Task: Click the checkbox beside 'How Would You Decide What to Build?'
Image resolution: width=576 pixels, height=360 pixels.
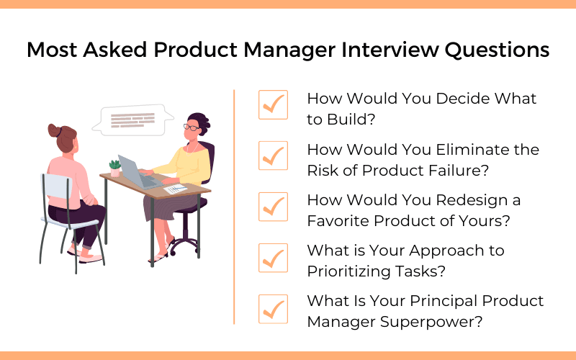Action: [x=272, y=105]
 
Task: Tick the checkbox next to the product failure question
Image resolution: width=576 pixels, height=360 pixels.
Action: [x=272, y=156]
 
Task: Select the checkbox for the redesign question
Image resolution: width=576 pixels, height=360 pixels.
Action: [x=272, y=206]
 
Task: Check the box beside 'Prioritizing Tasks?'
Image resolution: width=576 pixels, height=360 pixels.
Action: [x=272, y=257]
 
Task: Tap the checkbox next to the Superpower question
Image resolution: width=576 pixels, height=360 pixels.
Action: [x=272, y=307]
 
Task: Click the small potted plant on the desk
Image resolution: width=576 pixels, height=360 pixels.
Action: [x=114, y=167]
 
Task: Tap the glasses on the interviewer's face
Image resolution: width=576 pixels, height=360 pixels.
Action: [x=192, y=127]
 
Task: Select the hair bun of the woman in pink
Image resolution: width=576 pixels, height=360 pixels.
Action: [x=55, y=130]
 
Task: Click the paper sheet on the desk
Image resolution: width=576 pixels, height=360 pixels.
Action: [x=175, y=189]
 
